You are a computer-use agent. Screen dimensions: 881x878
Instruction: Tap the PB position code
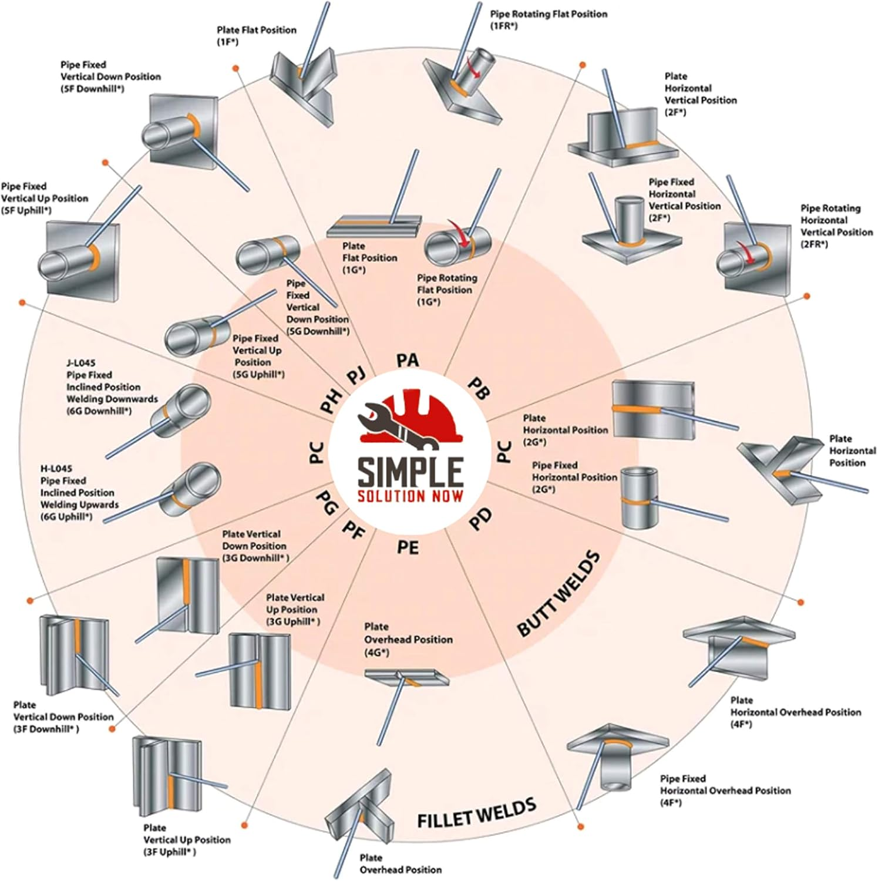(x=479, y=388)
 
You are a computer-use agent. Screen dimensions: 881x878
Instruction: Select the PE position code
(x=408, y=547)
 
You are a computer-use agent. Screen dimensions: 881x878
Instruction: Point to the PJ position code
(x=356, y=374)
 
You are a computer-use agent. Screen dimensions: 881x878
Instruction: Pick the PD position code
(x=481, y=519)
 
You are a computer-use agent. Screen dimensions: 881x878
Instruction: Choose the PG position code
(x=327, y=503)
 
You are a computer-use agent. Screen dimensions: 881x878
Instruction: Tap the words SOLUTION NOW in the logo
(x=410, y=496)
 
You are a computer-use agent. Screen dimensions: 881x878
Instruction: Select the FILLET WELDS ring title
(x=476, y=812)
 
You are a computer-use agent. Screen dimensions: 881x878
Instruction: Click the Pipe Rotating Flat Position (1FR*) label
(x=549, y=19)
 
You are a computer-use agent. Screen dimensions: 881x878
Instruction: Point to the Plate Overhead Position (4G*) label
(x=408, y=640)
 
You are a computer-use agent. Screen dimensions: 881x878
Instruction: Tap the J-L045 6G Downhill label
(x=103, y=386)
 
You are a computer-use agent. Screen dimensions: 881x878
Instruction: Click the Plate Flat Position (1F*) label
(x=256, y=35)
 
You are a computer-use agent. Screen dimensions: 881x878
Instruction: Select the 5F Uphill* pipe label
(x=44, y=198)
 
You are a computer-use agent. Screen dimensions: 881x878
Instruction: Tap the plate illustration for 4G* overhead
(x=406, y=678)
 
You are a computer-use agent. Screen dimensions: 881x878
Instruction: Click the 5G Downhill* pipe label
(x=317, y=307)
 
